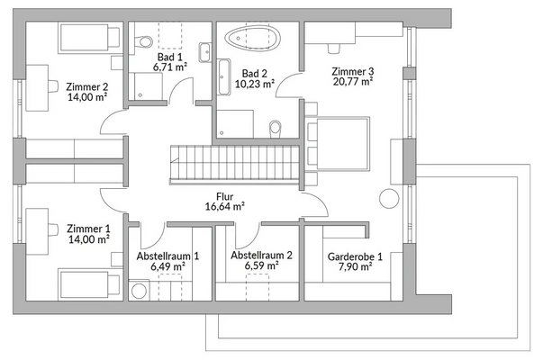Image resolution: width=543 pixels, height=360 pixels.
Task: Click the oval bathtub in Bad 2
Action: coord(252,38)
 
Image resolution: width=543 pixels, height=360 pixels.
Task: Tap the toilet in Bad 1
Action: coord(143,42)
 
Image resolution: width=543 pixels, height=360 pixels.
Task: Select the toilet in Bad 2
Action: coord(276,129)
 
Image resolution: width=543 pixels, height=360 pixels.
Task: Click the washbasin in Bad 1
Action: coord(205,52)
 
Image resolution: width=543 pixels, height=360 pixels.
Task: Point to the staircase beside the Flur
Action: coord(234,164)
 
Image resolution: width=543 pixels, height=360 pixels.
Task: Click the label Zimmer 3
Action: coord(352,71)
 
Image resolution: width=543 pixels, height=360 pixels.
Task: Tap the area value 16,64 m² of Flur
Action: coord(225,207)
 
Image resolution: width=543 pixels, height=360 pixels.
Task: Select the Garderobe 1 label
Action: coord(355,256)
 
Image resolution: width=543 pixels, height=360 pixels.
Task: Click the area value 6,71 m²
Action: coord(170,67)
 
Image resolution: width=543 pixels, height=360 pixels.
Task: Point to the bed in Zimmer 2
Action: coord(90,38)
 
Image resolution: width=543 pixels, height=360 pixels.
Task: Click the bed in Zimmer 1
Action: coord(90,283)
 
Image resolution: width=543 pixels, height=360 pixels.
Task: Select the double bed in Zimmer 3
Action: coord(337,144)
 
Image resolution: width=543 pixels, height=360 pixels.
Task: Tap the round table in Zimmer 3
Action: coord(389,199)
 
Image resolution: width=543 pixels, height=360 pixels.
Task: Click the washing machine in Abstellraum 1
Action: coord(139,290)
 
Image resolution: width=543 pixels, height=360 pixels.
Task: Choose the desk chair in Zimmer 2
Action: coord(53,86)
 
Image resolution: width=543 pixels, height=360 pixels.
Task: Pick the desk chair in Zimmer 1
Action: coord(53,229)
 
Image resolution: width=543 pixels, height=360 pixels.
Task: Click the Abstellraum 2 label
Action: coord(261,256)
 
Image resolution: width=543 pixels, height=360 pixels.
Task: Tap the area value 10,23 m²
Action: coord(255,84)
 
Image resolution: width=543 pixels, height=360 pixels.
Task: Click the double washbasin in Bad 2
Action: coord(224,76)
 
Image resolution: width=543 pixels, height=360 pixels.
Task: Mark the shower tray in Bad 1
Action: coord(146,86)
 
